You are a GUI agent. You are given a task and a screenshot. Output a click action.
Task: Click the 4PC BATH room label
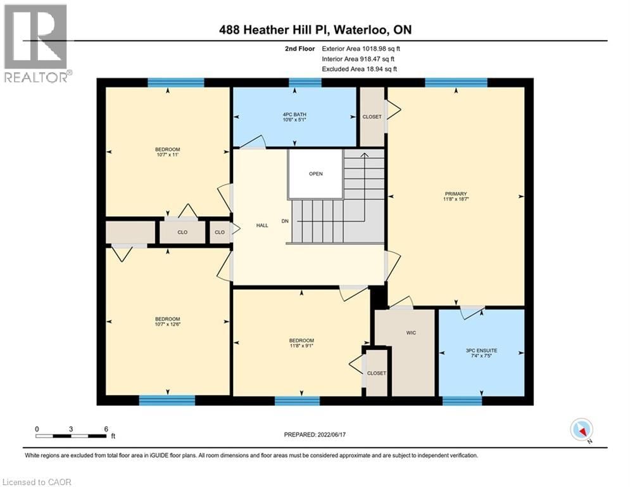coord(294,114)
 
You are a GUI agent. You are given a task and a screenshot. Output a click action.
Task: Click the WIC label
coord(411,332)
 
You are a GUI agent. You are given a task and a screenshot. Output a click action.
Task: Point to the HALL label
coord(262,225)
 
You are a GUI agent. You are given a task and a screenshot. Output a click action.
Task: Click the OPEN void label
coord(316,174)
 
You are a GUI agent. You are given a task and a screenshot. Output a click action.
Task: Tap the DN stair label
coord(286,221)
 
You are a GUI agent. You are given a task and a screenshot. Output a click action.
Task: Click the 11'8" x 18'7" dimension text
coord(456,199)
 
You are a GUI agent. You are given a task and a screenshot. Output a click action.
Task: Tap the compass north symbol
coord(581,430)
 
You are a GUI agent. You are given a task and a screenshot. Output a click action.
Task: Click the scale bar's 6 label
coord(106,429)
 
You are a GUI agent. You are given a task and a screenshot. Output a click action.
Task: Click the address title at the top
coord(315,30)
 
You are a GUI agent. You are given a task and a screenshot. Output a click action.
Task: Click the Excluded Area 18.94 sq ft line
coord(360,68)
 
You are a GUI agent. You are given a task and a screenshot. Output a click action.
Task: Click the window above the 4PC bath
coord(305,82)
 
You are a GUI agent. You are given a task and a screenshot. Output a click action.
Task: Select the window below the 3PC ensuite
coord(462,400)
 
